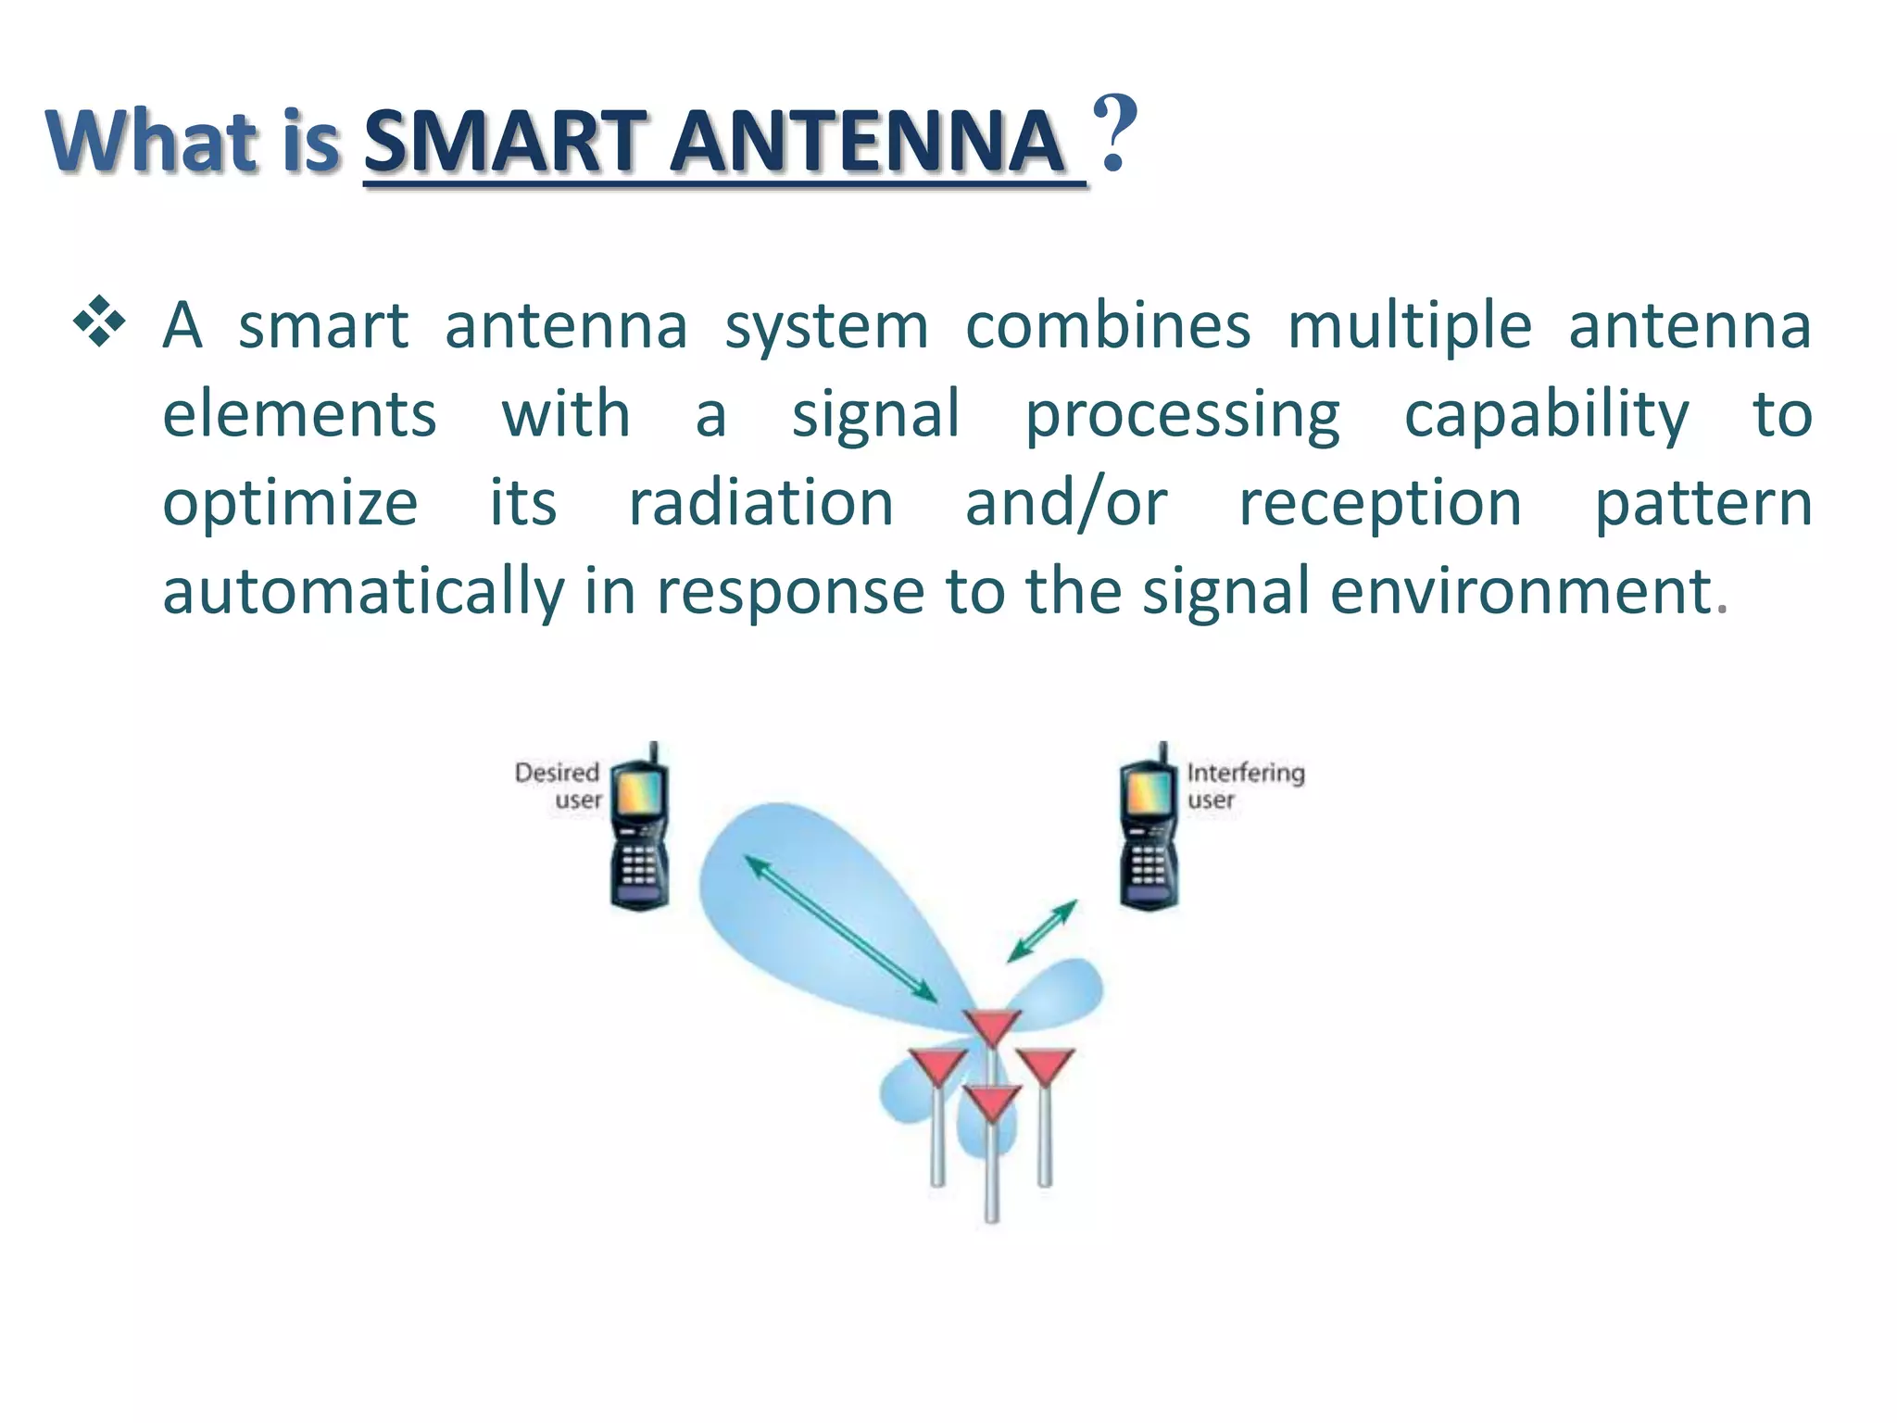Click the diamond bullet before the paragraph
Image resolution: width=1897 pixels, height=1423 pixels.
(x=99, y=323)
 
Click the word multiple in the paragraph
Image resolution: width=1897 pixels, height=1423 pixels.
(x=1409, y=326)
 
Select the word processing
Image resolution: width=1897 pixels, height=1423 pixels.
(x=1182, y=415)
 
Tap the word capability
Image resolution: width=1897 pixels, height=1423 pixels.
(x=1546, y=415)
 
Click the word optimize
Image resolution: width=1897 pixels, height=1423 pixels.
(x=290, y=504)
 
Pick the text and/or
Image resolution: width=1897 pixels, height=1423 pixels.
(x=1065, y=504)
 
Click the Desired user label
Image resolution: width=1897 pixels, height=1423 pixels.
(x=559, y=786)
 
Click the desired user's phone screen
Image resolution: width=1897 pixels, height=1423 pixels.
(x=638, y=792)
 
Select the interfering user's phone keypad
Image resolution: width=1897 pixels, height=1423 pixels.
(x=1148, y=865)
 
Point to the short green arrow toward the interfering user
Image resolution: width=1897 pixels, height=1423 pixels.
(x=1042, y=930)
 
